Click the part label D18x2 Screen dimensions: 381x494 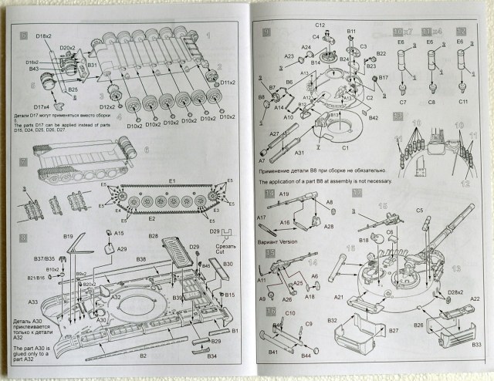pos(43,36)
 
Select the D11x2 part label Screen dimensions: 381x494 pos(227,83)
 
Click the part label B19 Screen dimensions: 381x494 pos(68,236)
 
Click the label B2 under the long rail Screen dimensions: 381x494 pos(143,356)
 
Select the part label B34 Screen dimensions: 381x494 pos(212,356)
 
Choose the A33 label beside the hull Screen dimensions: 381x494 pos(33,302)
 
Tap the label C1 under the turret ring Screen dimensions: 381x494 pos(345,146)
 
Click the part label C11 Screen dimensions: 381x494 pos(462,102)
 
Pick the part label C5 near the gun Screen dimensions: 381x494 pos(420,211)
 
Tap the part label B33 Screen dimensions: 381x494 pos(476,345)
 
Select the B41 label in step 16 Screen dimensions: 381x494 pos(272,352)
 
